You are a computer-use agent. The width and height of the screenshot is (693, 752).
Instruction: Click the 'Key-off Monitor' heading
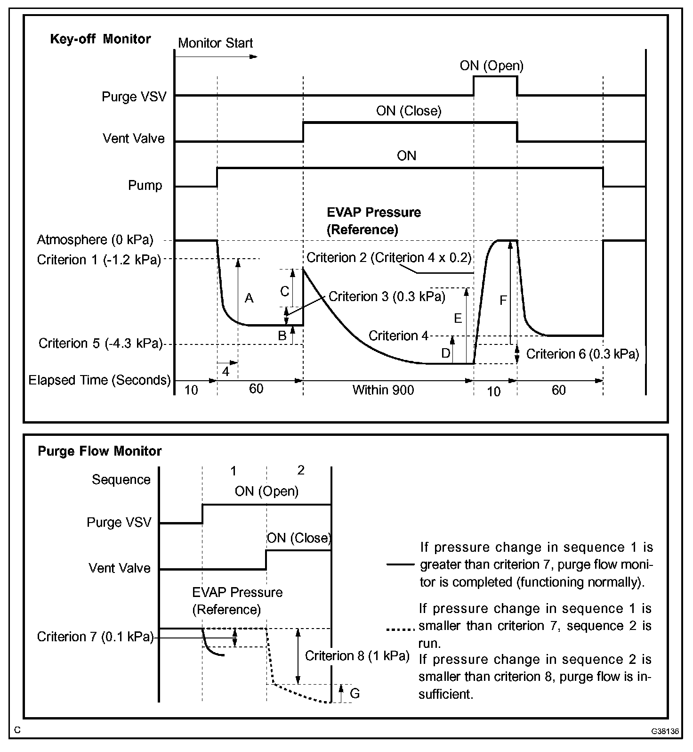100,39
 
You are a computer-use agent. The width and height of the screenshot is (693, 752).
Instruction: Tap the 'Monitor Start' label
215,43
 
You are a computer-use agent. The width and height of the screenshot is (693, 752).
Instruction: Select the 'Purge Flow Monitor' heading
99,451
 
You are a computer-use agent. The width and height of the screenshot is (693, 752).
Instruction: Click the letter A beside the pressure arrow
249,298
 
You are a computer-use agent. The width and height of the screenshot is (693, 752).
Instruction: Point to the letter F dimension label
503,300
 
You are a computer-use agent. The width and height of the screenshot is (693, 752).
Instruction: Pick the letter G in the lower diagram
355,693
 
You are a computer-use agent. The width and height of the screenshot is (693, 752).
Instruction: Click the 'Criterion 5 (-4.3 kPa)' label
100,343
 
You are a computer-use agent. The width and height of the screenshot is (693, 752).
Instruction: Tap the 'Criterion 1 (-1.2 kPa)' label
99,260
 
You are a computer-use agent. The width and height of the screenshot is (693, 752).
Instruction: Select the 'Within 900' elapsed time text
383,390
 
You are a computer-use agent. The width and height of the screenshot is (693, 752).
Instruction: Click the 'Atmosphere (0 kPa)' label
95,240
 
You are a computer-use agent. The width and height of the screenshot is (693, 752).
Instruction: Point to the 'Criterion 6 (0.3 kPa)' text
582,354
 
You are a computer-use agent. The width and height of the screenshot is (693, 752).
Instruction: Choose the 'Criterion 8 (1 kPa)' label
357,656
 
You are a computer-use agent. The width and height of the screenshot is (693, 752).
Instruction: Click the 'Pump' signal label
145,185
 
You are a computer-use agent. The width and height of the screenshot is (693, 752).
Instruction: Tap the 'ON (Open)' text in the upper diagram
492,65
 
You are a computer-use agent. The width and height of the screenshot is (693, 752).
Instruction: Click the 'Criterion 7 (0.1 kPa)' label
96,637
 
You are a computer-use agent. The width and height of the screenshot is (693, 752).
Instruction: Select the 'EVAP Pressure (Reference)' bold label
374,221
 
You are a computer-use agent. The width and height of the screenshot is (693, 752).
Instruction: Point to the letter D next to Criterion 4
446,353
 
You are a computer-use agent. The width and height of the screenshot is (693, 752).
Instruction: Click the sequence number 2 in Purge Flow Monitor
301,470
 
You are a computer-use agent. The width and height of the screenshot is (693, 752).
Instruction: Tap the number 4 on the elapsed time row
226,372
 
